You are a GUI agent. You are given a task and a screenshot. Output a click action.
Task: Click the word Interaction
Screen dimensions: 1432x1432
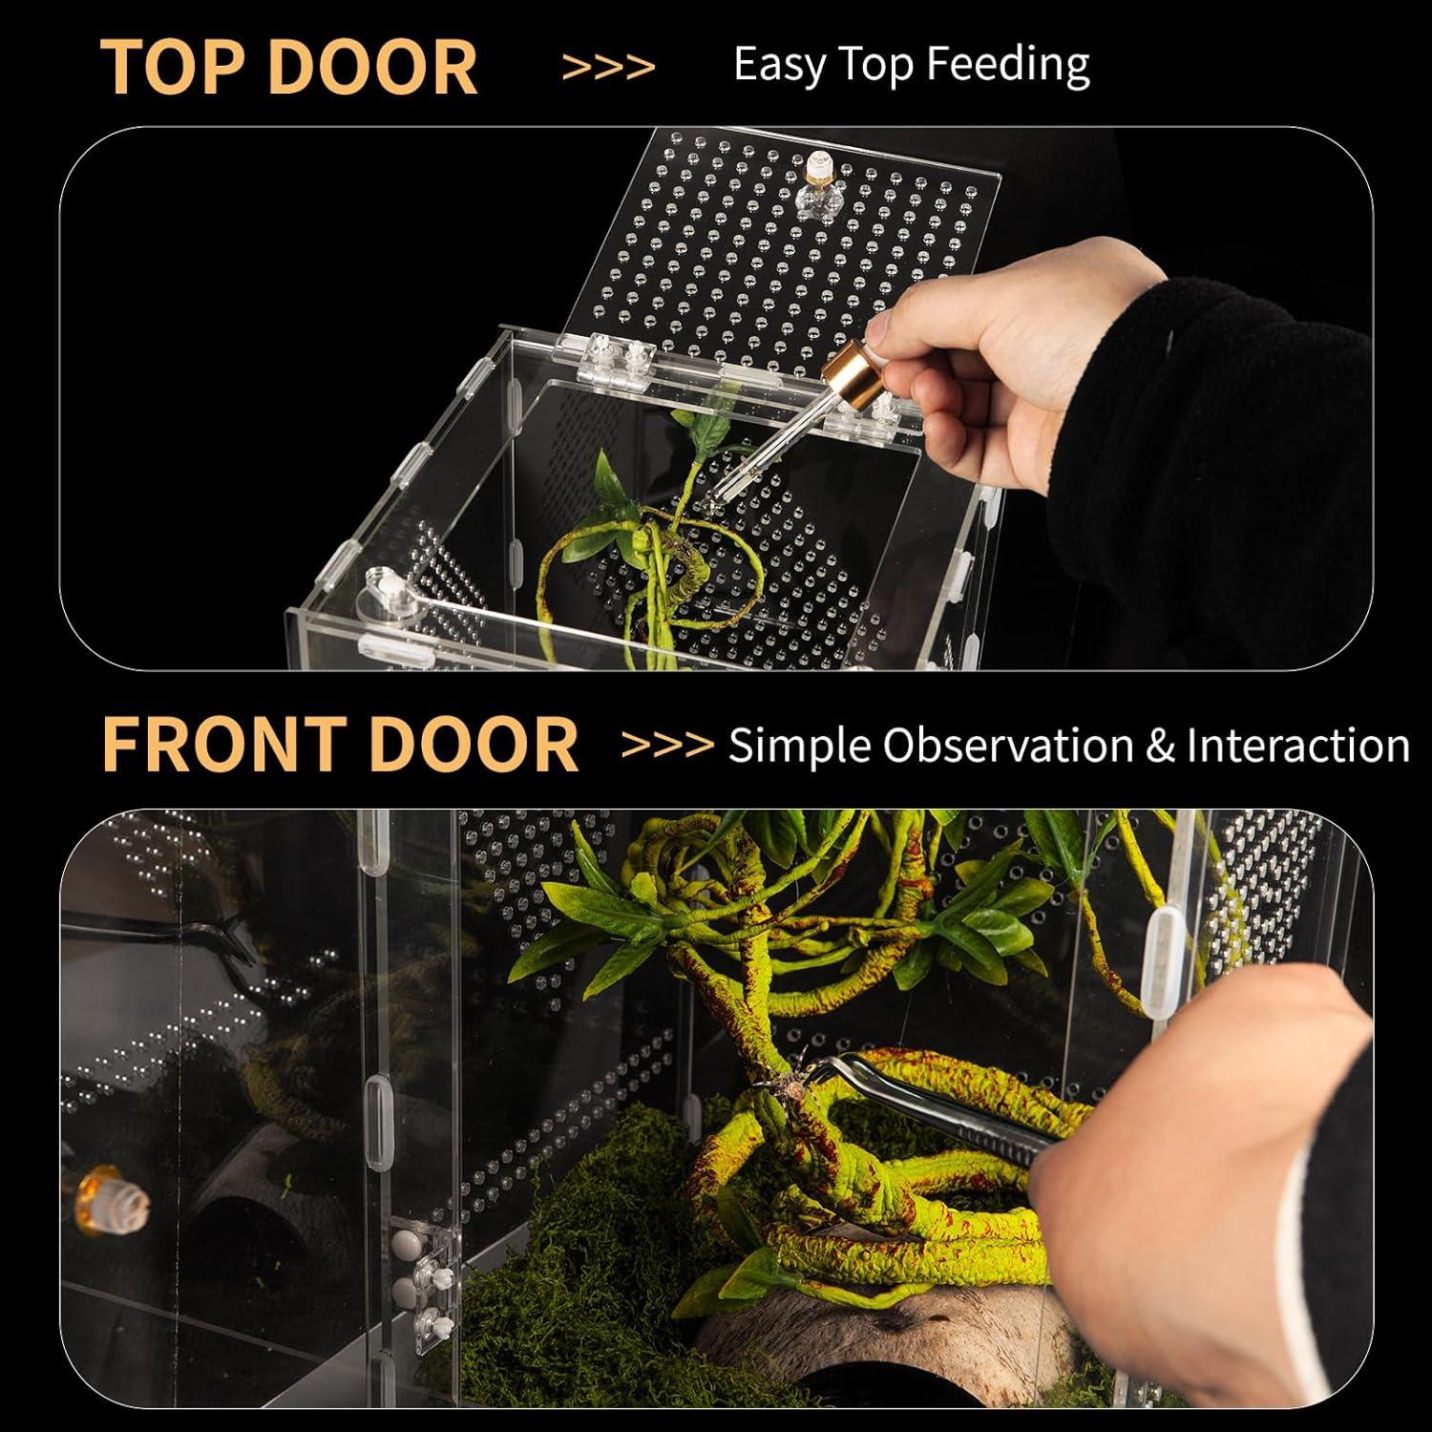coord(1297,745)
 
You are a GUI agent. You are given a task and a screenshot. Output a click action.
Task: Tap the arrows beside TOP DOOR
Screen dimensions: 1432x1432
coord(608,67)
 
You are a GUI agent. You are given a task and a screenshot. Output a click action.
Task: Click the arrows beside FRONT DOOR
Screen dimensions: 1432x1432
coord(667,745)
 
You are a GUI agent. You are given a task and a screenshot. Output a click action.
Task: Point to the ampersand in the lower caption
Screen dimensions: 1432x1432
coord(1159,745)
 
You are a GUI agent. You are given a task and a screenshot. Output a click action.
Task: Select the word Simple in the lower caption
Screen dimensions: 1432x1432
coord(799,745)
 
